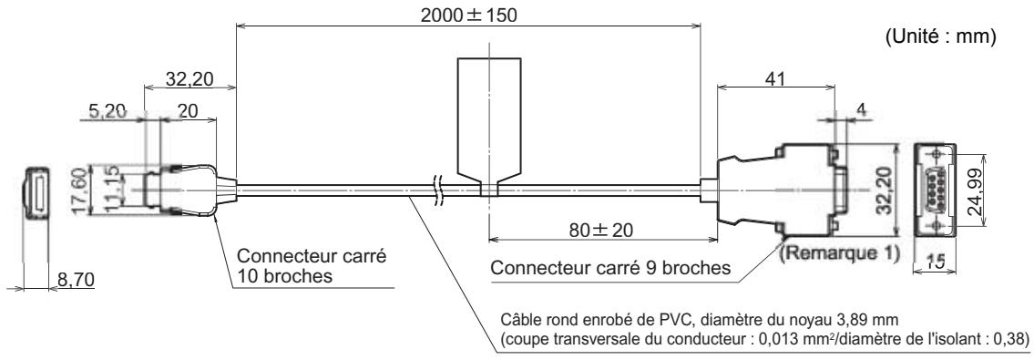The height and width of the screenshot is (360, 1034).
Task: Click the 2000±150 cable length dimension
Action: (x=473, y=15)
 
